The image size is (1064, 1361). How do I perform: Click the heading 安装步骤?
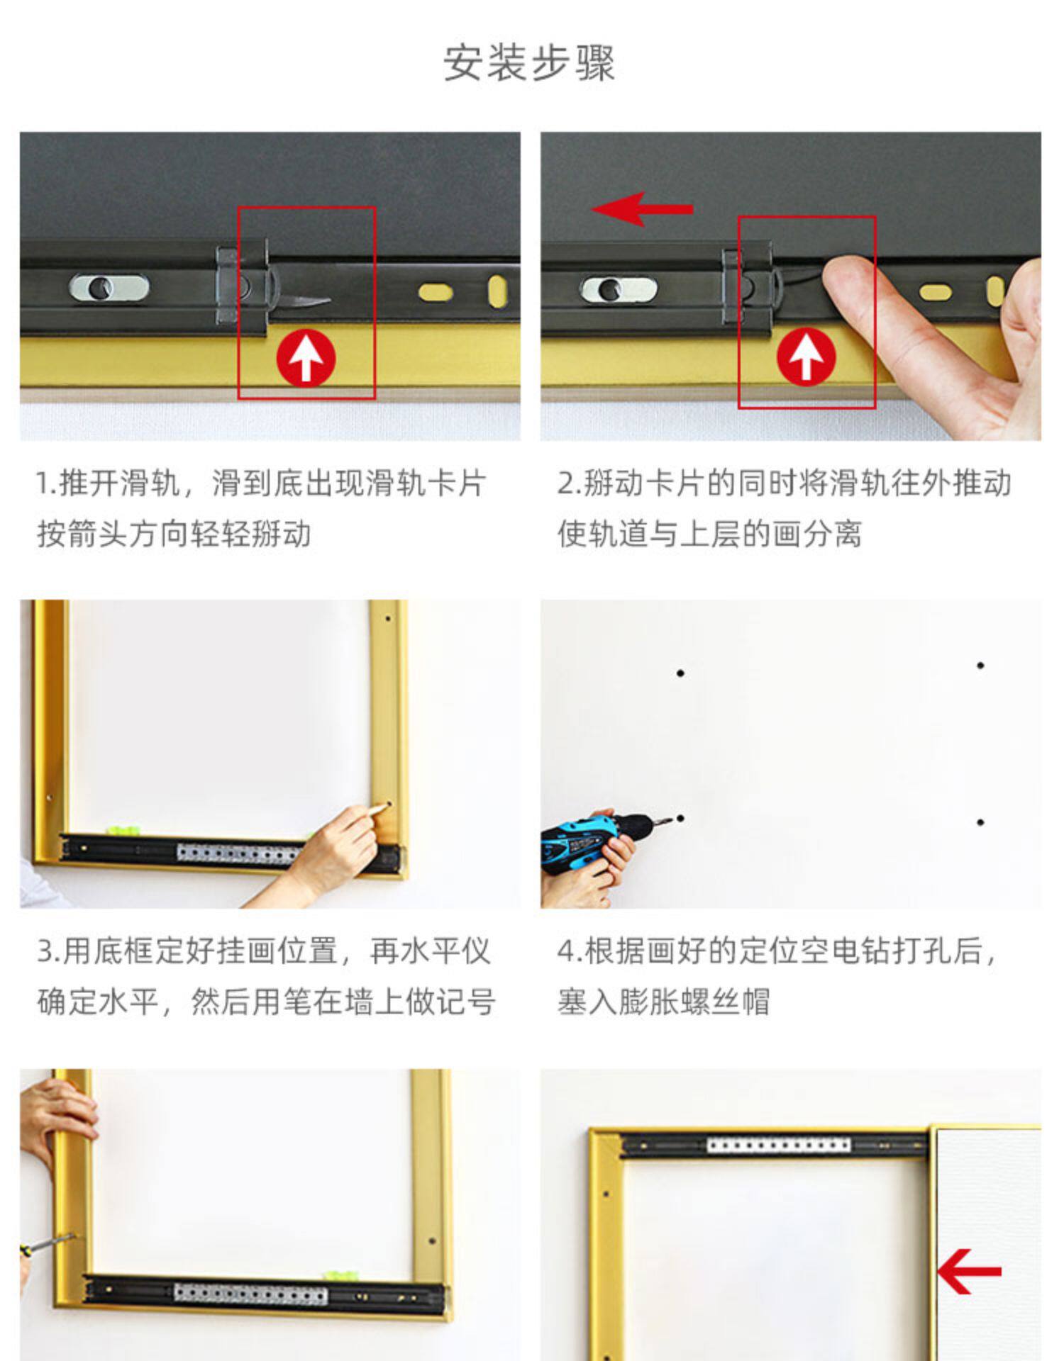(x=529, y=62)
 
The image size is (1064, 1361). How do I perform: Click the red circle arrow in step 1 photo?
(x=306, y=358)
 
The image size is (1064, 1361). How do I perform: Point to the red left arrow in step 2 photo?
(x=642, y=209)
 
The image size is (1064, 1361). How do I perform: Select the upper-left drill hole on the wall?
(x=680, y=673)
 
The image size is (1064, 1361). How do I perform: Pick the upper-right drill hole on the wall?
(x=980, y=666)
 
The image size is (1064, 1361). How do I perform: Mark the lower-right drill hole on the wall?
(x=980, y=822)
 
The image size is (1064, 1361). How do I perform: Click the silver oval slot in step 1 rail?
(x=109, y=288)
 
